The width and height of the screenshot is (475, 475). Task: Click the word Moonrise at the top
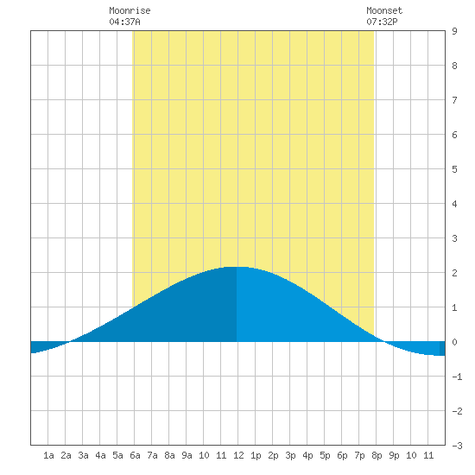point(130,10)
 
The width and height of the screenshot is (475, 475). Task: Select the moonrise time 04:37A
point(125,22)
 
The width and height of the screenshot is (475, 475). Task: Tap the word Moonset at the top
point(384,10)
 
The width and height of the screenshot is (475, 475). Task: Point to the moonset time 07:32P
point(382,22)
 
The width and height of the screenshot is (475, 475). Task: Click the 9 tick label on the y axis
point(454,31)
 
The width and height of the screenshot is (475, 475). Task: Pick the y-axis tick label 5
point(454,169)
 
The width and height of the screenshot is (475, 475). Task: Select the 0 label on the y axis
point(454,342)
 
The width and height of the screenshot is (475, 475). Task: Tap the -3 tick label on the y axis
point(457,446)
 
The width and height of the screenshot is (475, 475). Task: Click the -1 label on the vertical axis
point(457,377)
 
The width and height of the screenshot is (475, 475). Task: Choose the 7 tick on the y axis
point(454,100)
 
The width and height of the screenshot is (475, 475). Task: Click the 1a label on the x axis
point(48,455)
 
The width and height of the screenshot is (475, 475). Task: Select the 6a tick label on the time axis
point(135,455)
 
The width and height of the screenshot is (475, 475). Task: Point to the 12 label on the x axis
point(238,455)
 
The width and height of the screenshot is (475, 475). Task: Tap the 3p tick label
point(290,455)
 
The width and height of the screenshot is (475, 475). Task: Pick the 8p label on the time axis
point(377,455)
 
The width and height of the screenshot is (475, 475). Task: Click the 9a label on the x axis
point(187,455)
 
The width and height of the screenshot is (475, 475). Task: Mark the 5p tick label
point(325,455)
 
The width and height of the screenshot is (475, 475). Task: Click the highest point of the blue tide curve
point(237,267)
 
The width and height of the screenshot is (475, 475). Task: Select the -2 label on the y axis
point(457,411)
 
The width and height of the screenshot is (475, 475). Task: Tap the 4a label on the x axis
point(100,455)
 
